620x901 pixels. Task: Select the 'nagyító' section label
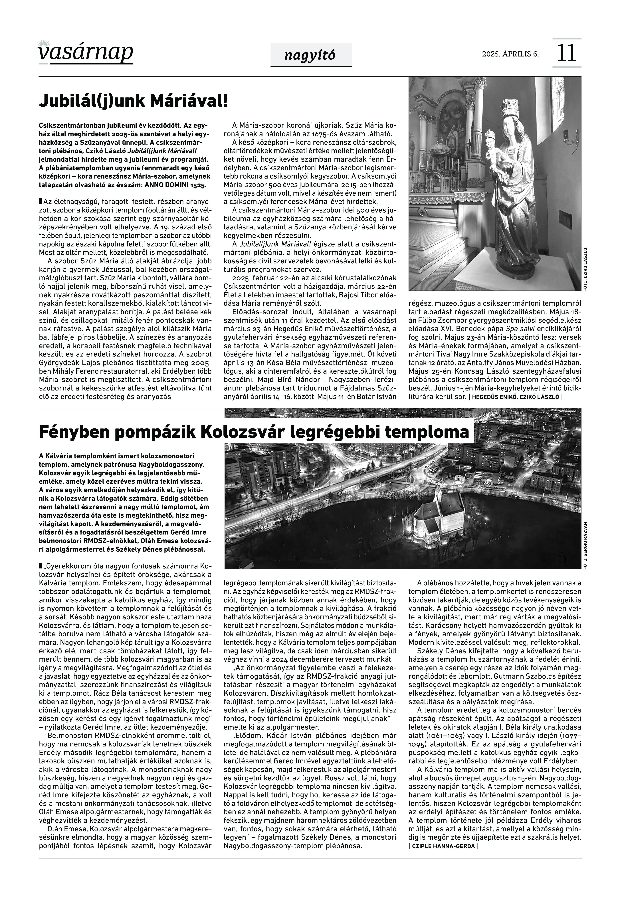point(310,56)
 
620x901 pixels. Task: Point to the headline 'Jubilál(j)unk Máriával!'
point(133,101)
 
